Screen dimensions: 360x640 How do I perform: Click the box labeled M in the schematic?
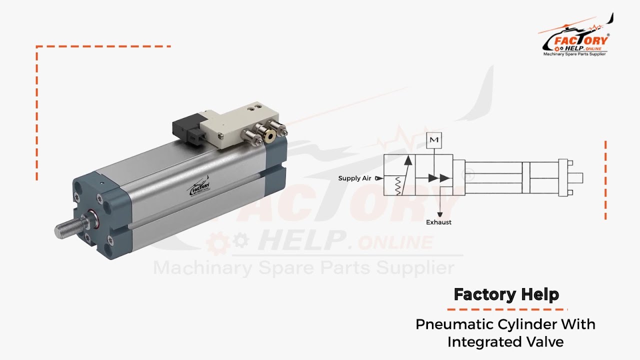[x=434, y=140]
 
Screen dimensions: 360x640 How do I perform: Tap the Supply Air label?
[x=354, y=178]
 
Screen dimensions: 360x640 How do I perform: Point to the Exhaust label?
[x=438, y=222]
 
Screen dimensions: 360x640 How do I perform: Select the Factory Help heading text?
[x=506, y=294]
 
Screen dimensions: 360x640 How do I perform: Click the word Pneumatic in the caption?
[x=455, y=324]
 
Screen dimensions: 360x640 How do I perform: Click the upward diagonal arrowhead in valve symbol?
[x=408, y=160]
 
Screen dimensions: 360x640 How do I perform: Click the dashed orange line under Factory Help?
[x=506, y=309]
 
